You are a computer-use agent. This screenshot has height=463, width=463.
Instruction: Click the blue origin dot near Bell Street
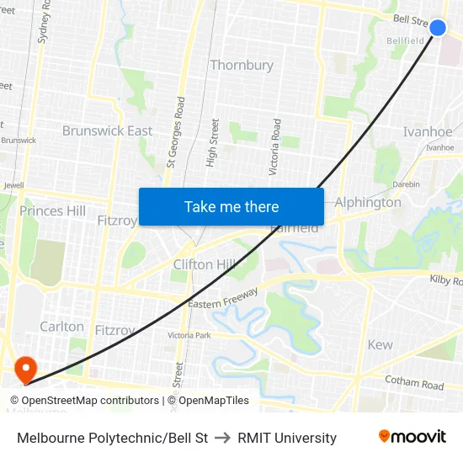[438, 28]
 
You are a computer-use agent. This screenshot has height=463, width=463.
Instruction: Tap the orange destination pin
[25, 368]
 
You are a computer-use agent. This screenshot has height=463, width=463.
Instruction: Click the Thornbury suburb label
[242, 65]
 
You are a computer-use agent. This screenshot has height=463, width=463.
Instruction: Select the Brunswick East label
[108, 130]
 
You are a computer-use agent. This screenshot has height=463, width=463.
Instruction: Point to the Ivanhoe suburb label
[428, 131]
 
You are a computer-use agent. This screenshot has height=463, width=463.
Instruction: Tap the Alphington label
[368, 202]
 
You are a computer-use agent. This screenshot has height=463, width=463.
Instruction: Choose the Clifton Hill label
[205, 264]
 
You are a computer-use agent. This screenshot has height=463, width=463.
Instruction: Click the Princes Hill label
[53, 210]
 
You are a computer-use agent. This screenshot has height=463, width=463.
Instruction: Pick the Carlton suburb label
[62, 326]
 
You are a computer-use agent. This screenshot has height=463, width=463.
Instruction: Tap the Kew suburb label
[381, 344]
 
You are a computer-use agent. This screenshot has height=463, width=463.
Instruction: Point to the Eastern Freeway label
[223, 296]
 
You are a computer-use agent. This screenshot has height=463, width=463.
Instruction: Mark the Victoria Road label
[274, 146]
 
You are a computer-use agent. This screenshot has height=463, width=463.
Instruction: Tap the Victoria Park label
[189, 335]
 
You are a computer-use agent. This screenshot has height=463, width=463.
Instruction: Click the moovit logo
[412, 437]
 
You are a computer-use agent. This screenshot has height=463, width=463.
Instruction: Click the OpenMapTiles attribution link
[214, 401]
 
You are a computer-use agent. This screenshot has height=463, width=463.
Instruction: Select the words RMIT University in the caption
[287, 438]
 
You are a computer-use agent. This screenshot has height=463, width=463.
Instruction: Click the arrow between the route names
[223, 438]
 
